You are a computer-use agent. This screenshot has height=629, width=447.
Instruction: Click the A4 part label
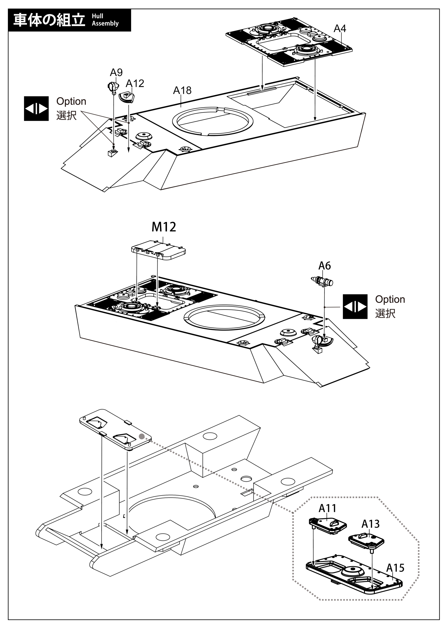(340, 28)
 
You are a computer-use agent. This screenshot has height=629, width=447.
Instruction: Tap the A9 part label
(116, 73)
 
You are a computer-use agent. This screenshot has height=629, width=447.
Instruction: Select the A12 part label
(135, 83)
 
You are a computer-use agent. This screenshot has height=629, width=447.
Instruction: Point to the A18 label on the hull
(182, 90)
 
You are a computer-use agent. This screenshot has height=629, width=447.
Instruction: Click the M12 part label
(164, 227)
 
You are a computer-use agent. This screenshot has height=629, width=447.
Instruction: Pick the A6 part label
(325, 266)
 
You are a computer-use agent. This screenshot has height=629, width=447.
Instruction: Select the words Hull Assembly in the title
(105, 20)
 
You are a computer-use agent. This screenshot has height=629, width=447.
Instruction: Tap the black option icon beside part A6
(355, 307)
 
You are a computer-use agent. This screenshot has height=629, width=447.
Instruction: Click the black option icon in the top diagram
(36, 109)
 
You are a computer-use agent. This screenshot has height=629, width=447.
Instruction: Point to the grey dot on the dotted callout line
(142, 436)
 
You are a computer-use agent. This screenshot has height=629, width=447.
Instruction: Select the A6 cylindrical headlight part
(323, 281)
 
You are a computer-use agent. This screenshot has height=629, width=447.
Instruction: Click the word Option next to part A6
(390, 299)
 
